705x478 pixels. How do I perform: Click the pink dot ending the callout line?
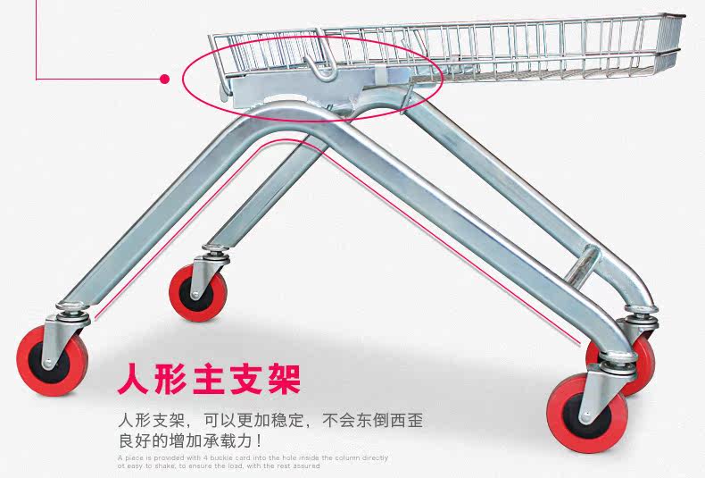164,79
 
